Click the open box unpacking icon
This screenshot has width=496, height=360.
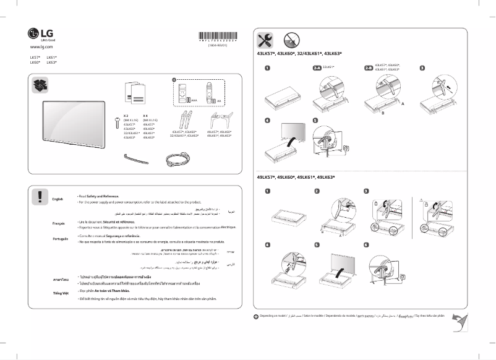pos(39,86)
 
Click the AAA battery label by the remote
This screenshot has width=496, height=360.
pos(194,100)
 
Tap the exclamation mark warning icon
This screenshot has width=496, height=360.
pos(39,196)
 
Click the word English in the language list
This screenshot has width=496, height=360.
pos(58,199)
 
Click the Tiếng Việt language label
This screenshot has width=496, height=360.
pos(59,293)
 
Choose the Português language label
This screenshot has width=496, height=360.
pos(59,239)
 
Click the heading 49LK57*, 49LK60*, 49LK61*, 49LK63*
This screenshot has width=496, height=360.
pos(296,178)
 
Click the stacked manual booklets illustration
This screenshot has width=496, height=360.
pos(137,93)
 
